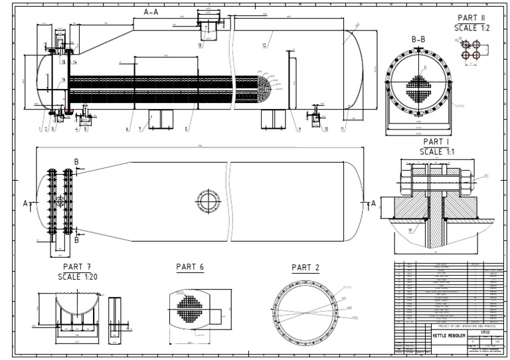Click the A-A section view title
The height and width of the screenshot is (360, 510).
[152, 12]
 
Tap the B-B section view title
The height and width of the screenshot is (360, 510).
[418, 40]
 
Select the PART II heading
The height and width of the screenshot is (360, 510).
[472, 18]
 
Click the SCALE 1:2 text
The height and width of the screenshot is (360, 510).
[472, 28]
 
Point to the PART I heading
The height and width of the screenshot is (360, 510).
[436, 142]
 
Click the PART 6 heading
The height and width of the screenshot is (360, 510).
[189, 266]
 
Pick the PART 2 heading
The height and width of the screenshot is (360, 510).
[305, 267]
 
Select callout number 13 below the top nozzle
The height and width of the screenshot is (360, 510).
[200, 46]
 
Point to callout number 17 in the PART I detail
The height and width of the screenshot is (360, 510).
[411, 231]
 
